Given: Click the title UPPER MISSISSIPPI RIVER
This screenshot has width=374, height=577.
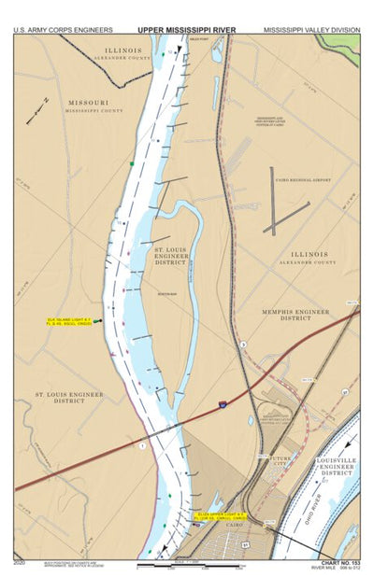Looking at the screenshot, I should click(187, 30).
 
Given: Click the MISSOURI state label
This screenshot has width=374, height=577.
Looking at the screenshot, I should click(88, 102).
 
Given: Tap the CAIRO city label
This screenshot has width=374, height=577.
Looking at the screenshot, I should click(228, 528).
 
